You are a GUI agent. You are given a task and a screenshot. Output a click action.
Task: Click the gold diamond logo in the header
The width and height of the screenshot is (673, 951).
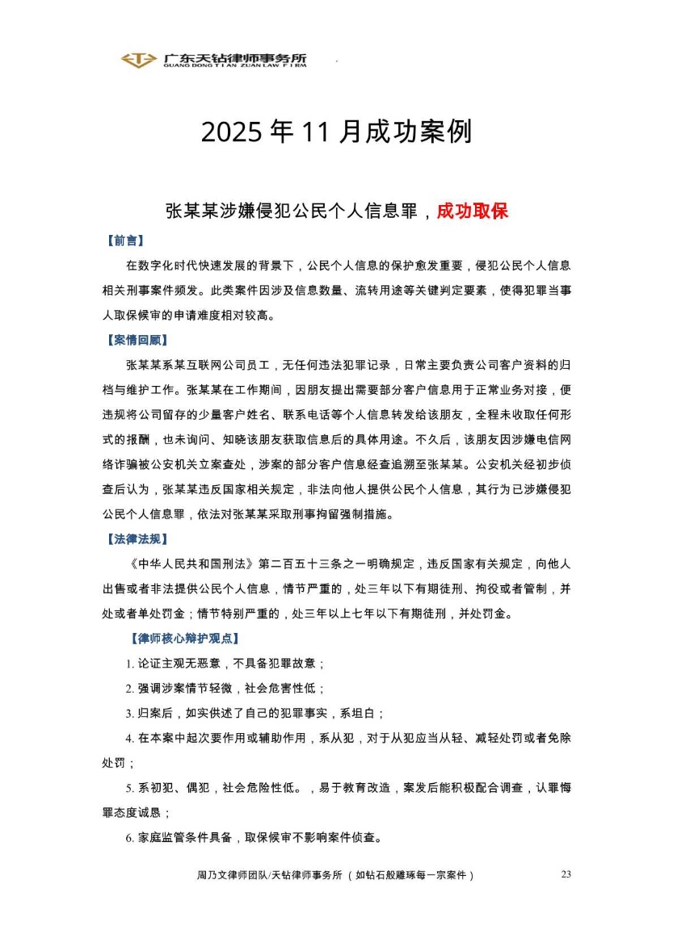pos(139,60)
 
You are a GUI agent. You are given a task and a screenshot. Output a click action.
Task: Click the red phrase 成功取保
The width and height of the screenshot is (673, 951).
pos(472,212)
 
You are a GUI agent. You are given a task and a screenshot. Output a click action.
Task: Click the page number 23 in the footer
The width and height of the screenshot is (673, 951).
pos(566,874)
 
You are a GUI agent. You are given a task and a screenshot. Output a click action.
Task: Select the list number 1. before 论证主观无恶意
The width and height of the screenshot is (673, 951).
pos(129,664)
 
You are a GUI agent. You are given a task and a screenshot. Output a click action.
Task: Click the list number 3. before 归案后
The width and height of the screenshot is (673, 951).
pos(129,714)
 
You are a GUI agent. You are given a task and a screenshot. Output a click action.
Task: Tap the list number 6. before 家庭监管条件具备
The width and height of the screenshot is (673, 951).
pos(129,838)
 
